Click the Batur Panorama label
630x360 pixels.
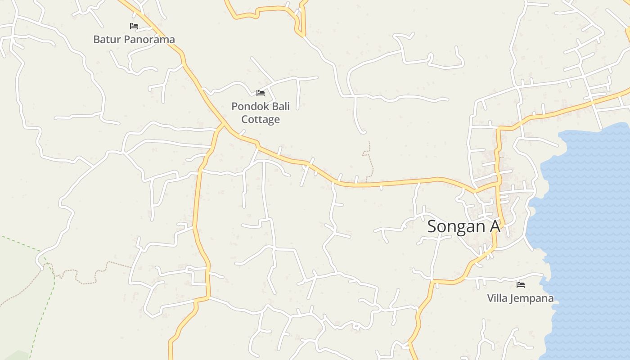click(134, 40)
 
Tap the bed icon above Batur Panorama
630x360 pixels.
click(134, 26)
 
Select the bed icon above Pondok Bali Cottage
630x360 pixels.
click(261, 93)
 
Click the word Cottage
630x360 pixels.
click(261, 119)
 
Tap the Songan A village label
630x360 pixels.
click(463, 226)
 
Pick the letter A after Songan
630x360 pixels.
click(494, 226)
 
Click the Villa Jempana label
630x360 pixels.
click(520, 298)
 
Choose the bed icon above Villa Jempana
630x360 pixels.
click(521, 284)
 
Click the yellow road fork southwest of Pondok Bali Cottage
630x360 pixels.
click(222, 124)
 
